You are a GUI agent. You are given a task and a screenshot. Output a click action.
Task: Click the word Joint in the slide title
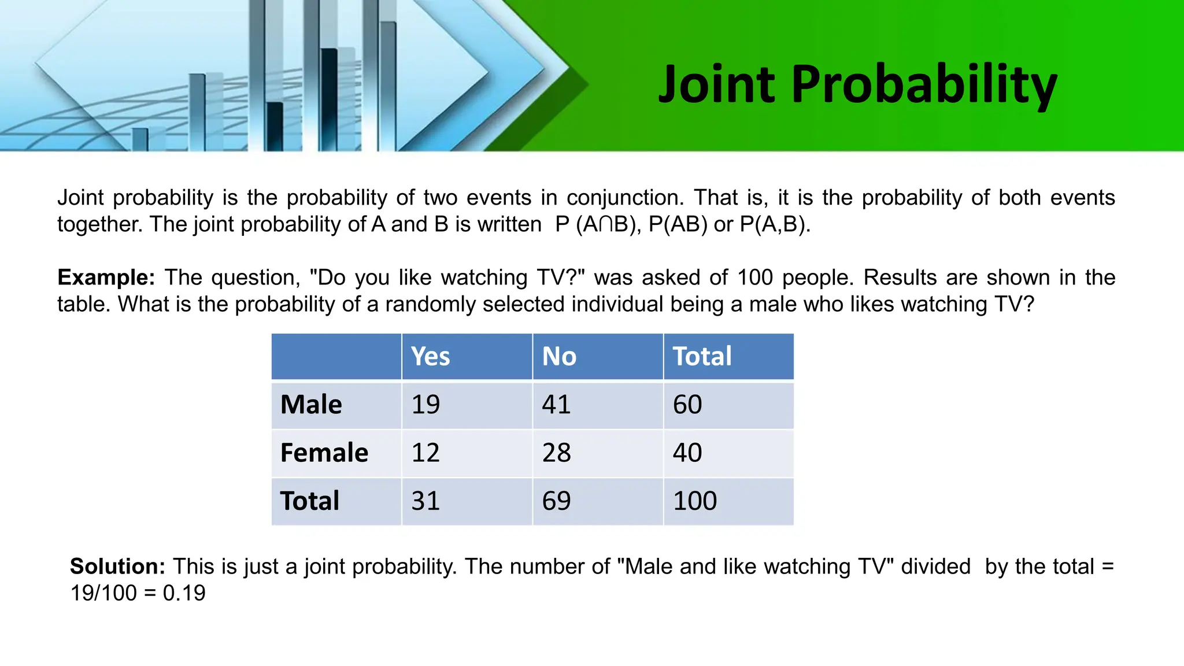[x=716, y=84]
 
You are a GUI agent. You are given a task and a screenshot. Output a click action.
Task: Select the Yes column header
[x=430, y=356]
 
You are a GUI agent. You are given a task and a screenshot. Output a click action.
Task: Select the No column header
[x=559, y=356]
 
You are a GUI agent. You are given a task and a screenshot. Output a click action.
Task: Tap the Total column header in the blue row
[x=702, y=356]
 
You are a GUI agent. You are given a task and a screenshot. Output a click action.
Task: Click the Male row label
[x=311, y=404]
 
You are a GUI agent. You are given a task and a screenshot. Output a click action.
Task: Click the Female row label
[x=324, y=453]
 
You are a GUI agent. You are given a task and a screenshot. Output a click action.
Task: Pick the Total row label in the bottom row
[x=309, y=501]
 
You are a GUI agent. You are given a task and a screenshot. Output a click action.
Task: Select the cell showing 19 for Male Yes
[x=425, y=404]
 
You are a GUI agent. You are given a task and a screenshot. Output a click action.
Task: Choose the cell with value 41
[x=556, y=404]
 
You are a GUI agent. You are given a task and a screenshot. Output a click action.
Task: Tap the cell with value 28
[x=556, y=453]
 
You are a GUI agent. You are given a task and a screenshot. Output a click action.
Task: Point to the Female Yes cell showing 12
[x=425, y=453]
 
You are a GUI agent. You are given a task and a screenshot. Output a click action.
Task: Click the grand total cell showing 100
[x=694, y=501]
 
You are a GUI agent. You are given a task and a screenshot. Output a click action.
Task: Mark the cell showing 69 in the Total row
[x=556, y=501]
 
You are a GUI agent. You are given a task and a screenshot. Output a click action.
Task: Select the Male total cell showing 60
[x=687, y=404]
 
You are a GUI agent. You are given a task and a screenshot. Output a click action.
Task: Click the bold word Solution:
[x=117, y=567]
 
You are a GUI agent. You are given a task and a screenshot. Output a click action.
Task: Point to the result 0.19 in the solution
[x=184, y=593]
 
